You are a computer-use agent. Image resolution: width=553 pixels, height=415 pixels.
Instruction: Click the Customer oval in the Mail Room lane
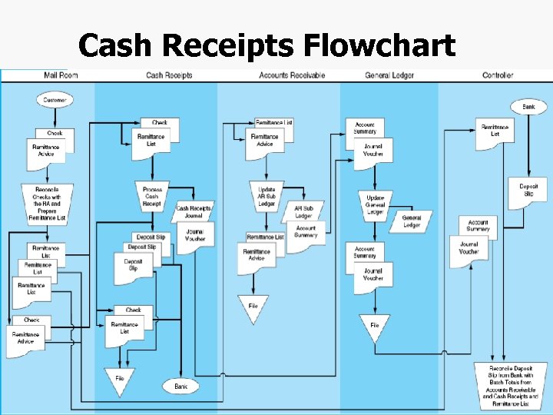pos(55,100)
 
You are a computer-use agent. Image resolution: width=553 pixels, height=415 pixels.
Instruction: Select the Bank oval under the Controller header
pos(528,106)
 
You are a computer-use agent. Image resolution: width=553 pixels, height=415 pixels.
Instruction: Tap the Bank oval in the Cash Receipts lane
pos(181,386)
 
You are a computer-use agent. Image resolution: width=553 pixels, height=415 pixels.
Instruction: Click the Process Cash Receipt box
pos(152,196)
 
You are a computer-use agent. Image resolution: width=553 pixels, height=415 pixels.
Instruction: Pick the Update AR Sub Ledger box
pos(267,197)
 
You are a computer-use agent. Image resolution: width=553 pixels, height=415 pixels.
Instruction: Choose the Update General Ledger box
pos(375,204)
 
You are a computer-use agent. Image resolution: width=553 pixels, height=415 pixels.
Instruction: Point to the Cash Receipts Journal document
pos(194,211)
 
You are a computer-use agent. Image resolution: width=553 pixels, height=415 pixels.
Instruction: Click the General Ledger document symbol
pos(412,221)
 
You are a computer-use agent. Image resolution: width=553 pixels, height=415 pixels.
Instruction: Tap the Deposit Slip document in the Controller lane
pos(528,192)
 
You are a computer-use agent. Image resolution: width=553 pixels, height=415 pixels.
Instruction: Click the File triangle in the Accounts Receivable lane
pos(253,307)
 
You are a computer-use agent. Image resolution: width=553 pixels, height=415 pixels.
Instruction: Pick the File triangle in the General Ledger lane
pos(375,327)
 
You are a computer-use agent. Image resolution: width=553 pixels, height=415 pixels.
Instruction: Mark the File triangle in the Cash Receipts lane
pos(120,380)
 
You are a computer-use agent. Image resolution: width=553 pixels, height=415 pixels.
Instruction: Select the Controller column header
pos(498,75)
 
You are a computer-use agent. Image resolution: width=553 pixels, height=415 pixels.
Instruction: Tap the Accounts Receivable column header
pos(292,75)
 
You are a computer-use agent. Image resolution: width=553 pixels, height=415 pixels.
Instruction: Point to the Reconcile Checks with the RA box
pos(48,204)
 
